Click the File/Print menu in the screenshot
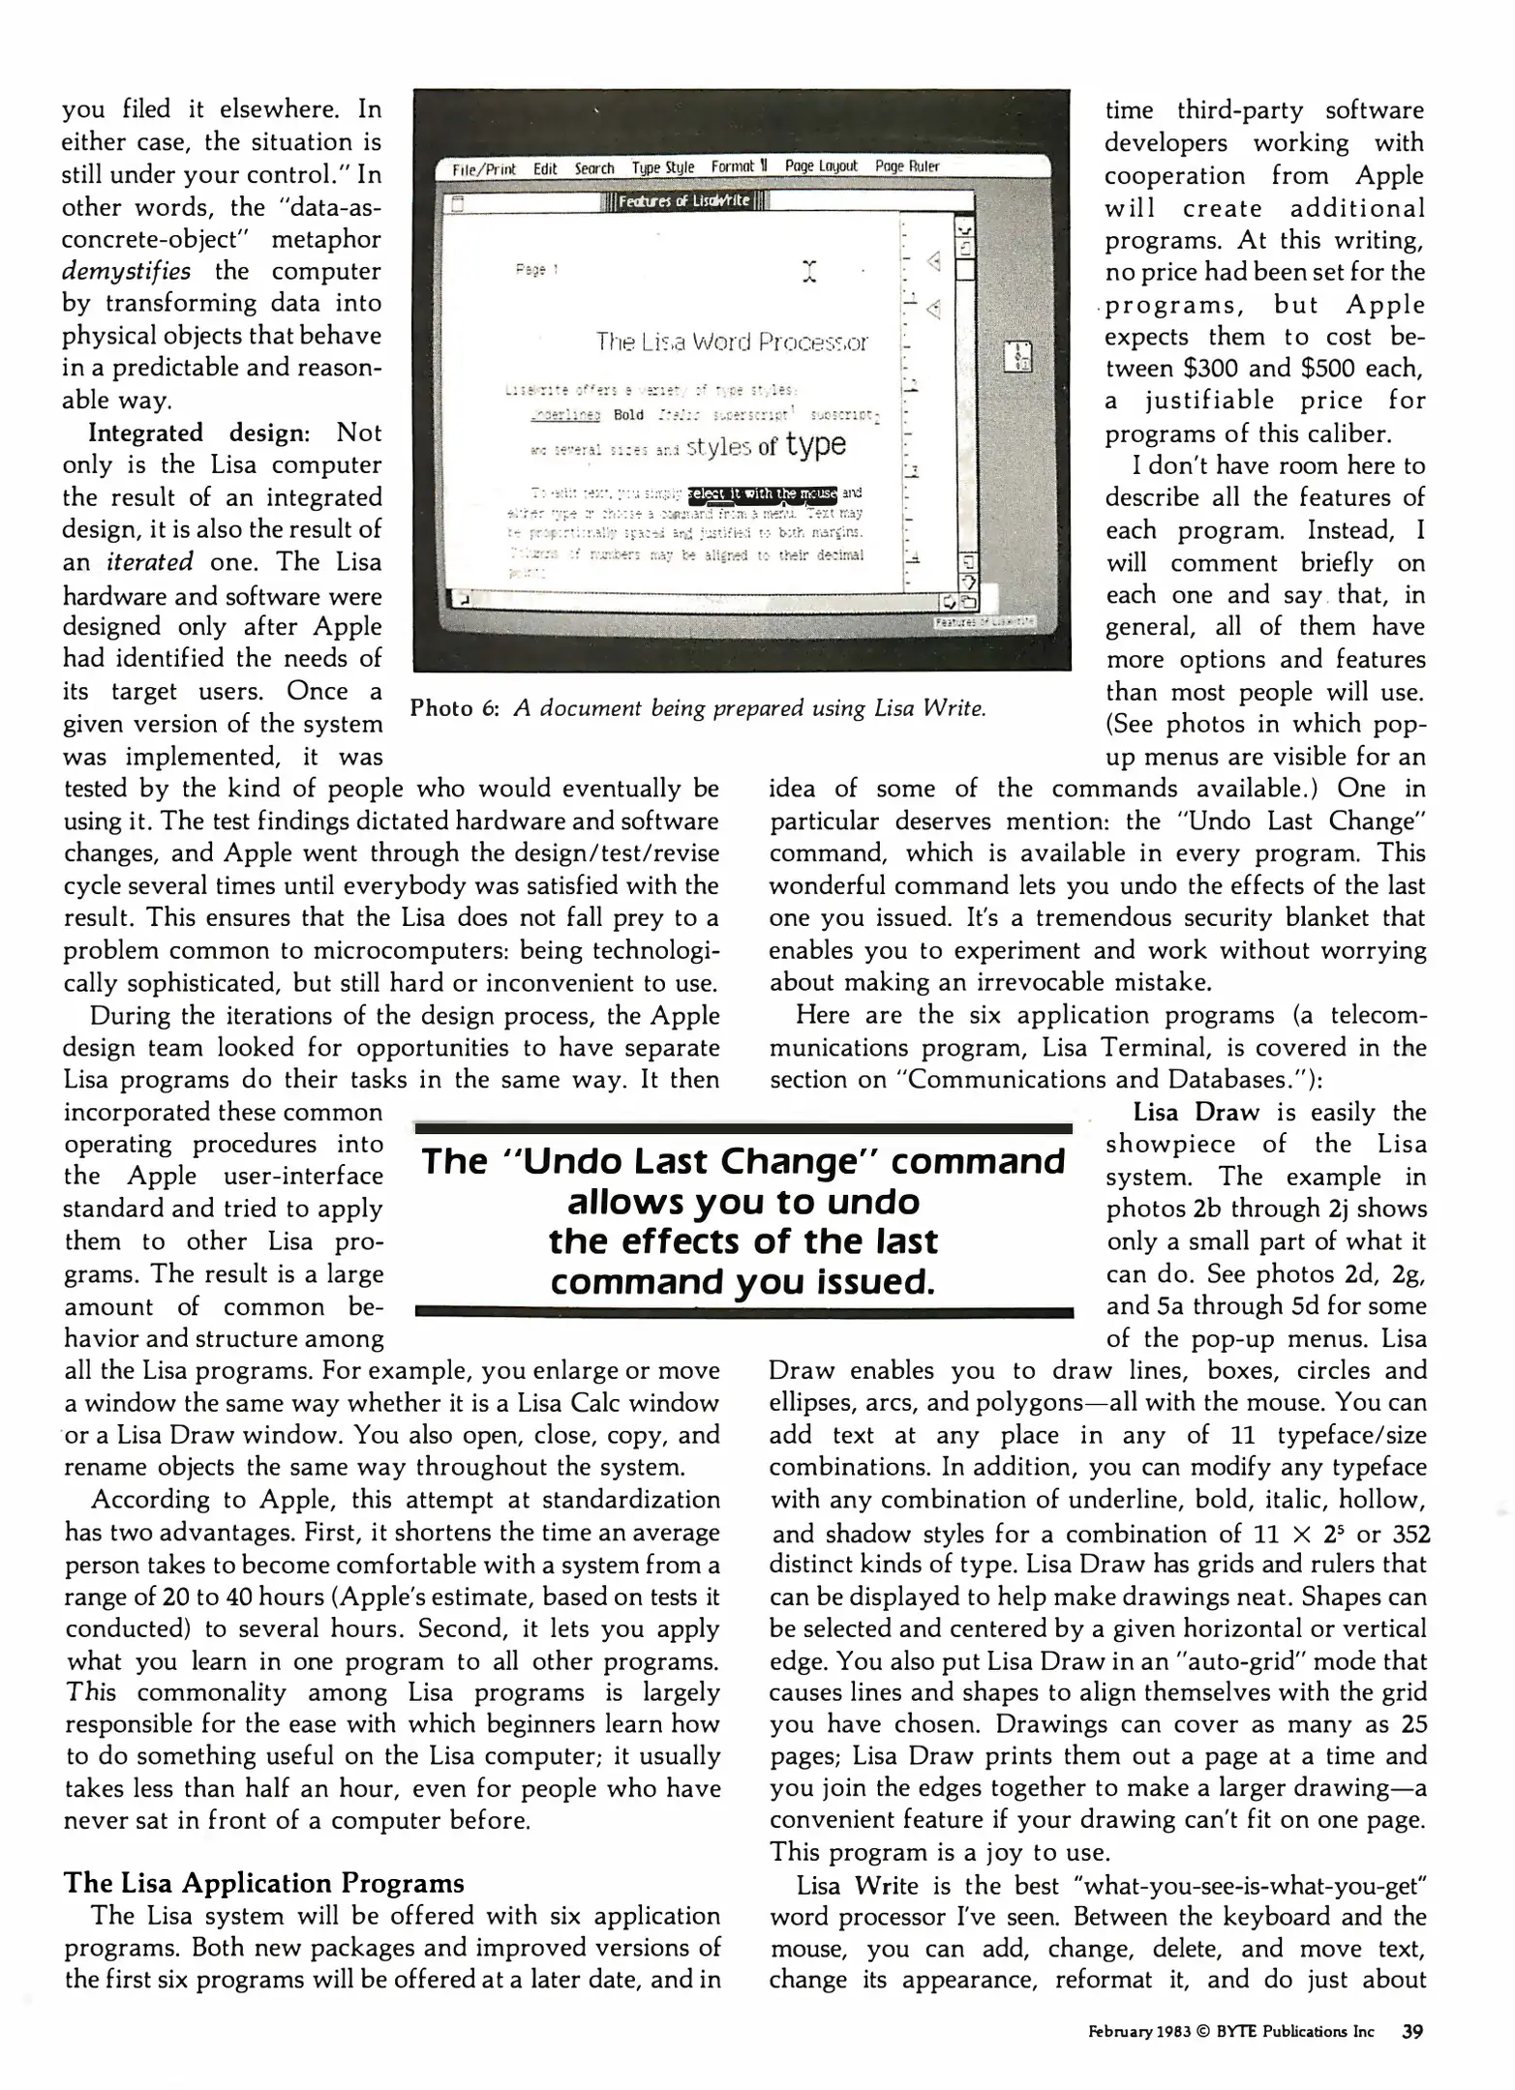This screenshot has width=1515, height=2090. (x=484, y=169)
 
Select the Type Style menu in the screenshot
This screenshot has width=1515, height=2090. (x=663, y=167)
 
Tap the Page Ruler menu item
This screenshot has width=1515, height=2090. (x=906, y=166)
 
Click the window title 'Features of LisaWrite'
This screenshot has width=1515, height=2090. (x=683, y=201)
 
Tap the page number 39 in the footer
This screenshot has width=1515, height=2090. (x=1411, y=2032)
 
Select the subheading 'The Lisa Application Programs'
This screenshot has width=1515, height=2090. (x=263, y=1883)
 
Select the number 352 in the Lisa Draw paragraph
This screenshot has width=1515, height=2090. (x=1410, y=1534)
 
